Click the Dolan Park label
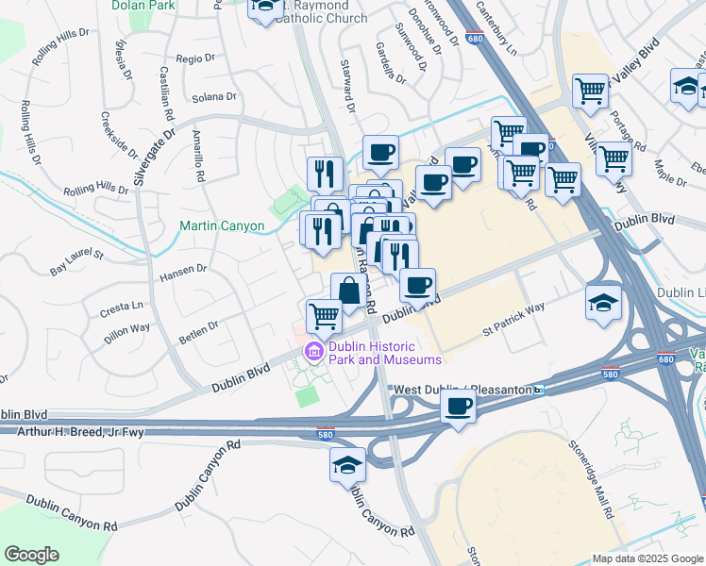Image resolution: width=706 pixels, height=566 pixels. pyautogui.click(x=144, y=6)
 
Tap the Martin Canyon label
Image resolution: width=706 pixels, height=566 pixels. pyautogui.click(x=222, y=226)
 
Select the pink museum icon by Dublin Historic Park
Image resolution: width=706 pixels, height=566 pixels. pyautogui.click(x=312, y=353)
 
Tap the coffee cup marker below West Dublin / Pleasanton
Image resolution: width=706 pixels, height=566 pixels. pyautogui.click(x=459, y=407)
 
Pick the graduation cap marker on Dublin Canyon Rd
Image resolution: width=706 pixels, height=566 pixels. pyautogui.click(x=347, y=466)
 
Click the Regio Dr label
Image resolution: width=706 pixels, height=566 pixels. pyautogui.click(x=195, y=58)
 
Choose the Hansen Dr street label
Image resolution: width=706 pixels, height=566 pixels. pyautogui.click(x=183, y=269)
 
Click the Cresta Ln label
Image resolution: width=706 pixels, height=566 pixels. pyautogui.click(x=124, y=306)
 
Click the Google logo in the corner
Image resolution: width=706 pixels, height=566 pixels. pyautogui.click(x=31, y=555)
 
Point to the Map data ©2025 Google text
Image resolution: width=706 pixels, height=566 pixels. pyautogui.click(x=647, y=558)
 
